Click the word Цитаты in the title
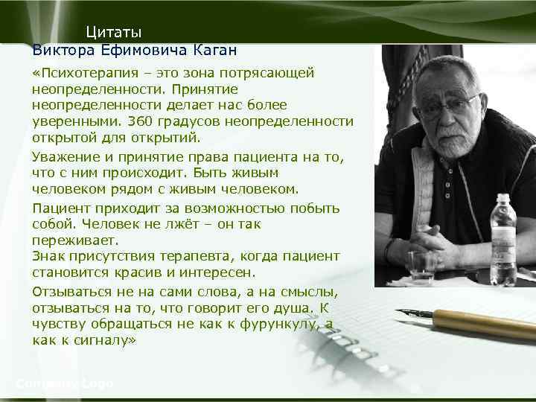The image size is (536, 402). (113, 32)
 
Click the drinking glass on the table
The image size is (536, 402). (422, 267)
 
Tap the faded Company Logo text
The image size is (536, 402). (65, 383)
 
